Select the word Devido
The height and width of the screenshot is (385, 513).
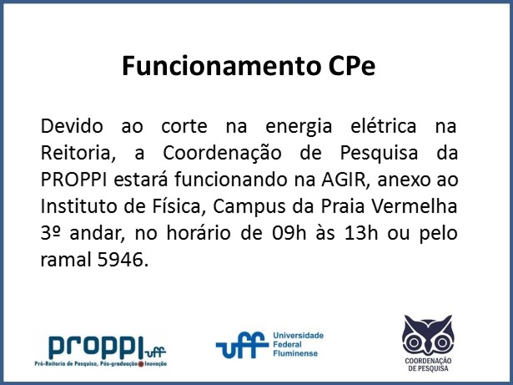pos(72,126)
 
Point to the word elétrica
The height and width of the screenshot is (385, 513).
pos(384,126)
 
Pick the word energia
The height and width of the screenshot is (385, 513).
pos(299,126)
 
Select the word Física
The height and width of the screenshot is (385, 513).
pos(178,206)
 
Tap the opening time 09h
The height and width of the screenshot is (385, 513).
pos(289,233)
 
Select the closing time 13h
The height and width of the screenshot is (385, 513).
pos(361,233)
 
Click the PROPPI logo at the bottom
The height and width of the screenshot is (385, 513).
pos(101,351)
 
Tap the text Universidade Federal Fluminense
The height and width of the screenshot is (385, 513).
pos(298,344)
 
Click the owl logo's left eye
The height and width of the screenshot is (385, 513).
pos(414,342)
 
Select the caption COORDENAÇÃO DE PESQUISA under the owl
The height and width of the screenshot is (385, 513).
pos(428,365)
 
